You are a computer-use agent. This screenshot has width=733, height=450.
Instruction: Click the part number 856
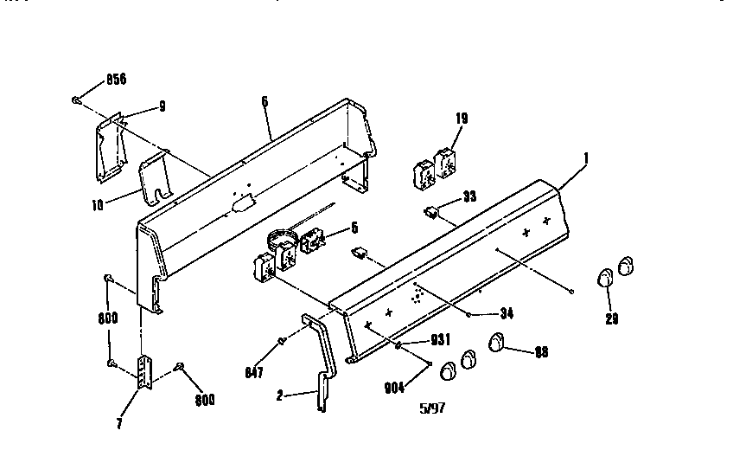(x=115, y=80)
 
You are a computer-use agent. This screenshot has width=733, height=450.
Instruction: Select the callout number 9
(x=161, y=106)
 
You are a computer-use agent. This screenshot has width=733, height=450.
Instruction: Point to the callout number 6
(x=265, y=101)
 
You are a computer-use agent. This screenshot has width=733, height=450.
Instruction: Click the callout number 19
(x=461, y=118)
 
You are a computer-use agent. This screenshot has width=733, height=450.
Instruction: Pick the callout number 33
(x=469, y=196)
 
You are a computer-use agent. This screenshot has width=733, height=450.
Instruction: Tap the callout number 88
(x=540, y=351)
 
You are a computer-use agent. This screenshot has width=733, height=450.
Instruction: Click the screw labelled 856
(x=78, y=100)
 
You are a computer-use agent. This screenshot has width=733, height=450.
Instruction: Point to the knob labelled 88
(x=497, y=343)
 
